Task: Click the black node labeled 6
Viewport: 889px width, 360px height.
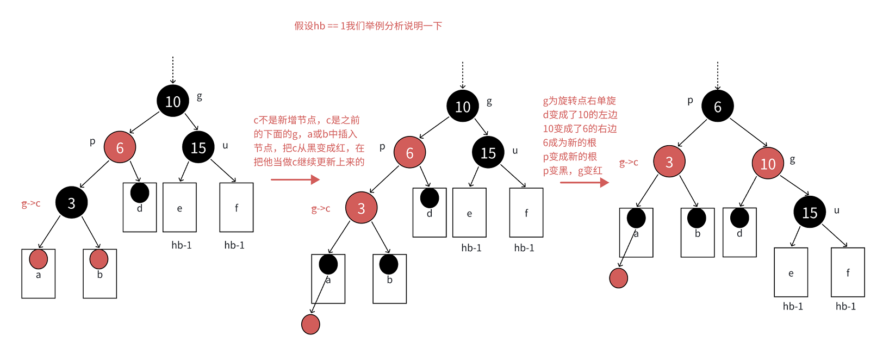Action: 717,106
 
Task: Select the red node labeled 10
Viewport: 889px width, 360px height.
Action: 768,163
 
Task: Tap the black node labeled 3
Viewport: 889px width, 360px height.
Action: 71,203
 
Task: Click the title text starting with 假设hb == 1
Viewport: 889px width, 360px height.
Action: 368,26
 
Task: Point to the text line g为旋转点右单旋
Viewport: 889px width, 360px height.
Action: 579,101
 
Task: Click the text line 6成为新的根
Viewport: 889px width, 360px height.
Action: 569,142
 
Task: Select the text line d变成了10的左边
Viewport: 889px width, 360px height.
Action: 580,115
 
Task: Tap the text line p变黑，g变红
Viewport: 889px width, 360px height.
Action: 572,171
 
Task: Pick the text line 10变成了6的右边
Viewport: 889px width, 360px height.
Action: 580,129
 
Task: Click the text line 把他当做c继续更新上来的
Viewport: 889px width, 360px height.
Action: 309,162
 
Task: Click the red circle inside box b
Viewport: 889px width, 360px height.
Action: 99,259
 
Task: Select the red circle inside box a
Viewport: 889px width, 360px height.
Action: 38,259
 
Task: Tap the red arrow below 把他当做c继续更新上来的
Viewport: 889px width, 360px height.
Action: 295,179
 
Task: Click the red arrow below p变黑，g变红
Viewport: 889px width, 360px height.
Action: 584,183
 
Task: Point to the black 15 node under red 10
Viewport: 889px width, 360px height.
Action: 809,212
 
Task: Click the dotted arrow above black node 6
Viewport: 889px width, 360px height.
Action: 717,75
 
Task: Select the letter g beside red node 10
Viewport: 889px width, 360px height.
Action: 792,159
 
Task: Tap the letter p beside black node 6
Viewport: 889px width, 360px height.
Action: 690,101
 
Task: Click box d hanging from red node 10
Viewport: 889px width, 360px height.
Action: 739,232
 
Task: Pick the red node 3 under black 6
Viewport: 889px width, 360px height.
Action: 669,162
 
